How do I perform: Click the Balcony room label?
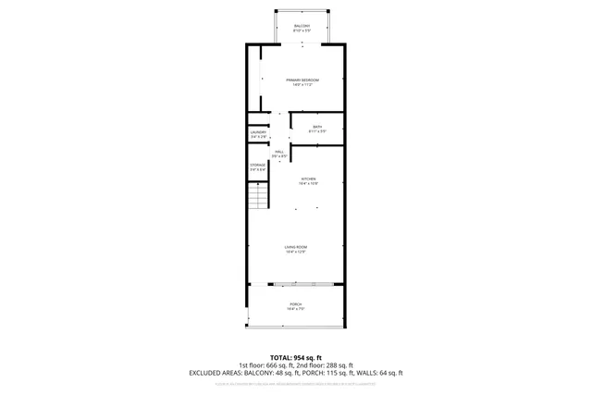(x=302, y=25)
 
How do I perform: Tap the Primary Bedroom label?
(x=302, y=80)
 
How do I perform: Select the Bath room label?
(x=317, y=127)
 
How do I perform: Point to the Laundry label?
(x=258, y=132)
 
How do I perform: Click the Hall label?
(x=279, y=152)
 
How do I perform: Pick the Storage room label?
(x=257, y=166)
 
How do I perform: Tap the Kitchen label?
(x=308, y=179)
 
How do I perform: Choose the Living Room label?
(x=296, y=247)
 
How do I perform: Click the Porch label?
(x=295, y=304)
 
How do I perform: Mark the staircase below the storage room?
(x=257, y=195)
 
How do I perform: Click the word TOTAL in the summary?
(x=281, y=357)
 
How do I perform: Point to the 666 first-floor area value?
(x=276, y=364)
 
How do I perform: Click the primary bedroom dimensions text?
(x=302, y=86)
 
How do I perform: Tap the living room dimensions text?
(x=296, y=253)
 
